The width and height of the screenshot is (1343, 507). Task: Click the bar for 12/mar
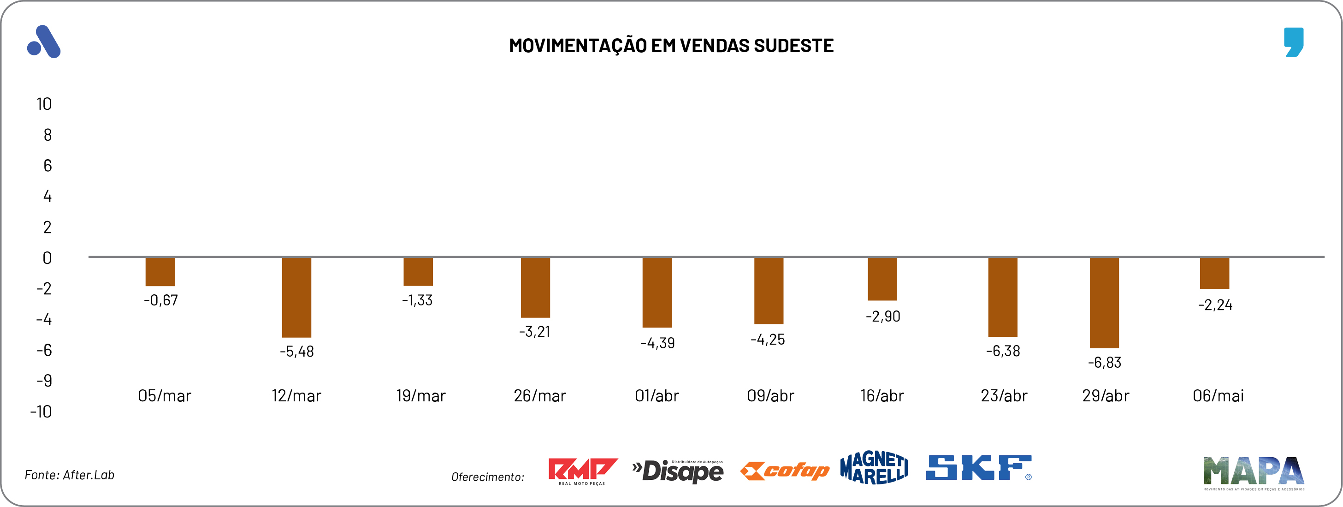coord(296,297)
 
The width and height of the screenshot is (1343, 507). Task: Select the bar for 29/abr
coord(1104,303)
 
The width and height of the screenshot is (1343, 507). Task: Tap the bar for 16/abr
coord(882,279)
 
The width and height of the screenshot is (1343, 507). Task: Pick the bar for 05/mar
coord(160,271)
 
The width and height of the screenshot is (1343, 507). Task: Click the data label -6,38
coord(1003,351)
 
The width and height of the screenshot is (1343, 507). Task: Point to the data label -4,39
coord(657,343)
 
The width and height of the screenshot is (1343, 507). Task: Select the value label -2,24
coord(1215,305)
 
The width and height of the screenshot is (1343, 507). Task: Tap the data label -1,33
coord(417,300)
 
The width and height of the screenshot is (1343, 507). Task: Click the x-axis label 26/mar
coord(539,396)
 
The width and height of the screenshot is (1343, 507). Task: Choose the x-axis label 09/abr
coord(770,396)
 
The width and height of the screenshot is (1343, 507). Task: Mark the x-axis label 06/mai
coord(1218,396)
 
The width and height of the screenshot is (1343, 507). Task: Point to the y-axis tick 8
coord(47,135)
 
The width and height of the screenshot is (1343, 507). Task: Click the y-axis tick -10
coord(41,412)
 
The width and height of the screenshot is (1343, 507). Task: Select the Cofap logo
coord(785,471)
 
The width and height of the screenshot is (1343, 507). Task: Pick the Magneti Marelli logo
coord(874,467)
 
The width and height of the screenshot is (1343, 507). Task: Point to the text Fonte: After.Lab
coord(69,475)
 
